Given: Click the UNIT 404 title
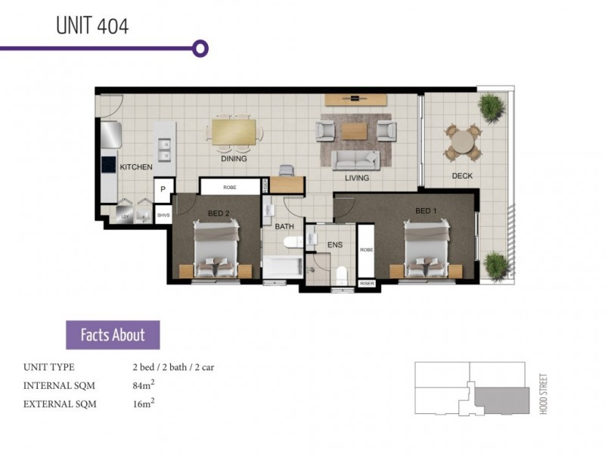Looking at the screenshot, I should tap(92, 26).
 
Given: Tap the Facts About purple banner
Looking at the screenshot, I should tap(113, 334).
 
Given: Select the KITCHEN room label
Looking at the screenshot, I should tap(136, 166).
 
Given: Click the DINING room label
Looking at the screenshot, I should tap(234, 159).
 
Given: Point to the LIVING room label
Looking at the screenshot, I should tap(356, 178).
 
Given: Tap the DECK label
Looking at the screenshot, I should tap(462, 176).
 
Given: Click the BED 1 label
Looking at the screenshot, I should tap(426, 210).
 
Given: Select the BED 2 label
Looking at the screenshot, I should tap(218, 213).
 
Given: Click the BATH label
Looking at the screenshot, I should tap(284, 226).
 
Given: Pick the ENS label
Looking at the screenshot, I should tap(334, 244).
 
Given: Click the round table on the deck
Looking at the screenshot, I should tap(462, 141).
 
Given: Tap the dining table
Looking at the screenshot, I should tap(234, 132).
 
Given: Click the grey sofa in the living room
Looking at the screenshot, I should tap(356, 159).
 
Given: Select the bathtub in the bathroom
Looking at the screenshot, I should tap(282, 267).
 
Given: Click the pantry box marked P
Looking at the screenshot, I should tap(163, 189).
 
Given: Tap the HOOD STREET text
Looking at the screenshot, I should tap(544, 393).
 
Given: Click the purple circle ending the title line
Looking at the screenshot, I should tap(200, 48).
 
